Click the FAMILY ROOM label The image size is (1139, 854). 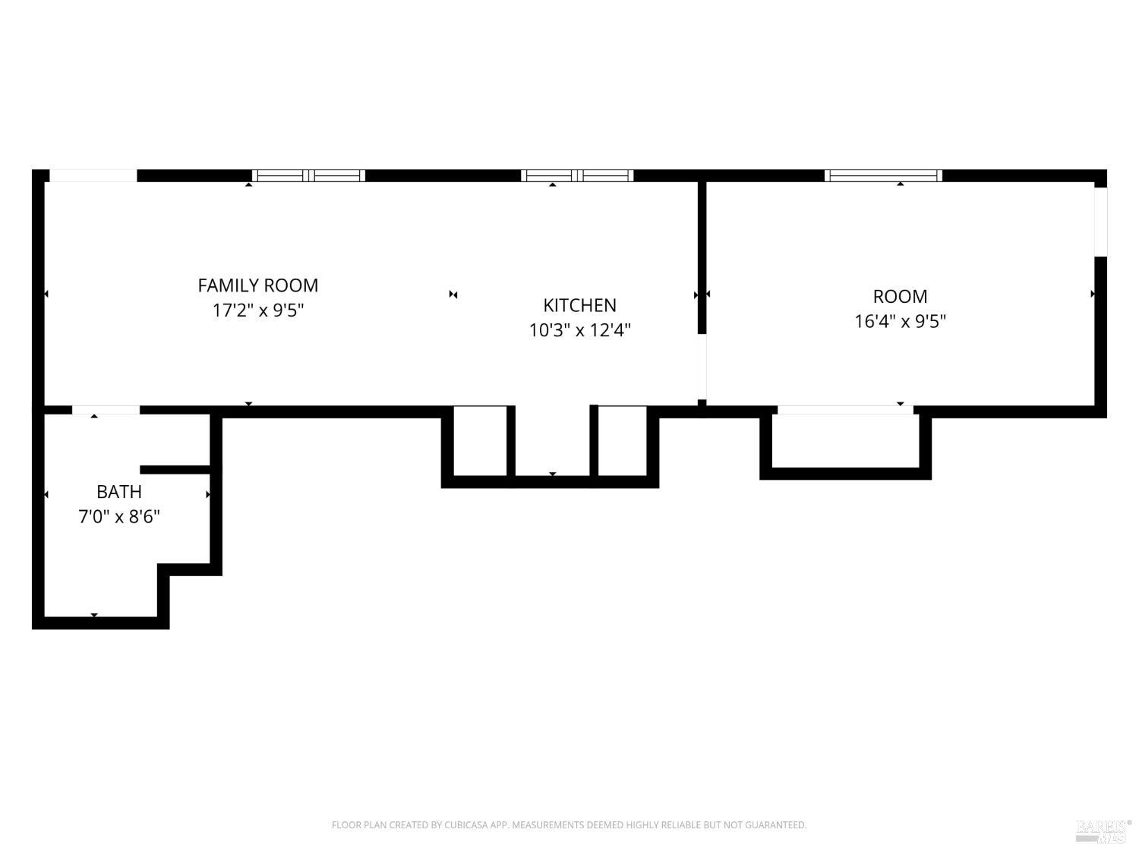tap(257, 285)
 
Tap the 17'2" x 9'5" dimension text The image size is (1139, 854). tap(257, 310)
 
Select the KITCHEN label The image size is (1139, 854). tap(579, 305)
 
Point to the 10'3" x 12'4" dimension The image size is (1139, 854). tap(579, 330)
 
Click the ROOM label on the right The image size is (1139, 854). tap(900, 296)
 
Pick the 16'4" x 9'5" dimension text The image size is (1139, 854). tap(900, 321)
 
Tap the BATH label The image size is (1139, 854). tap(119, 492)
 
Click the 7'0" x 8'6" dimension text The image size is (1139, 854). tap(119, 517)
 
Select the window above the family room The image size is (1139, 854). tap(308, 175)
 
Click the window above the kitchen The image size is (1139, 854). tap(577, 175)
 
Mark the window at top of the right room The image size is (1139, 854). tap(883, 175)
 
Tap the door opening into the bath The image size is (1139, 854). tap(106, 410)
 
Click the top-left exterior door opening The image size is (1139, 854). tap(93, 175)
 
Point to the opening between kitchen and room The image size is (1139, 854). tap(702, 366)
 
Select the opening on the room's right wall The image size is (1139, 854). tap(1100, 222)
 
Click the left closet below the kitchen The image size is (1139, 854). tap(480, 440)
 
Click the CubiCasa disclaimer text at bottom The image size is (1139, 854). tap(569, 824)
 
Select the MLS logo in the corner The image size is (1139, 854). tap(1102, 830)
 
